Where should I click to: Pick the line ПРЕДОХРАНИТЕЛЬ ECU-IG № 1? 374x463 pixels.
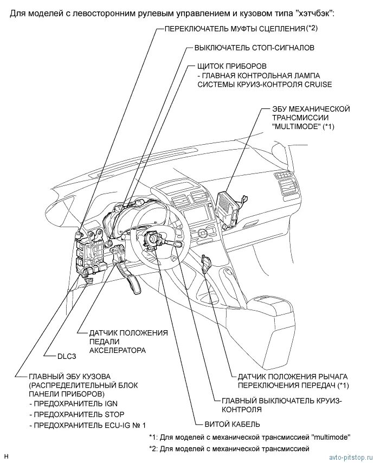(89, 426)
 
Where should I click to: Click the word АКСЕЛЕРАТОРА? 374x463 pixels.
(118, 351)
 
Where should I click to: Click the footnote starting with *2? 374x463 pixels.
(229, 449)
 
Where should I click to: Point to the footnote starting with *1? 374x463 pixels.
(249, 437)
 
